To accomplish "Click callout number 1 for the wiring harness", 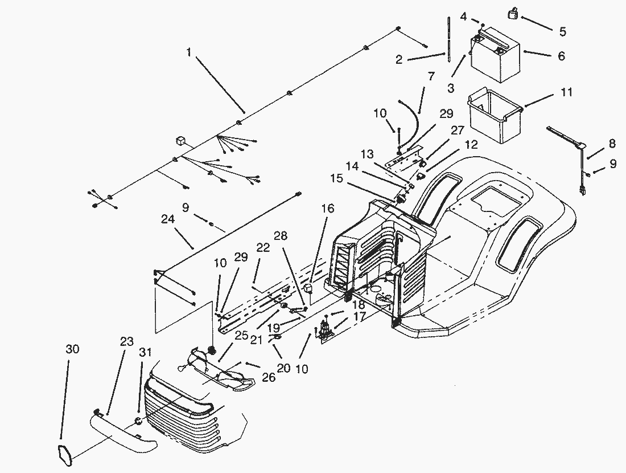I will [x=188, y=52].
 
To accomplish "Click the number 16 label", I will [x=327, y=210].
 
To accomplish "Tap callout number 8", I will [x=612, y=143].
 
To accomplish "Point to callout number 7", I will [x=431, y=75].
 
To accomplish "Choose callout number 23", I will [x=126, y=342].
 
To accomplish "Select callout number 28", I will [x=281, y=235].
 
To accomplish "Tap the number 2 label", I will [x=400, y=59].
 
